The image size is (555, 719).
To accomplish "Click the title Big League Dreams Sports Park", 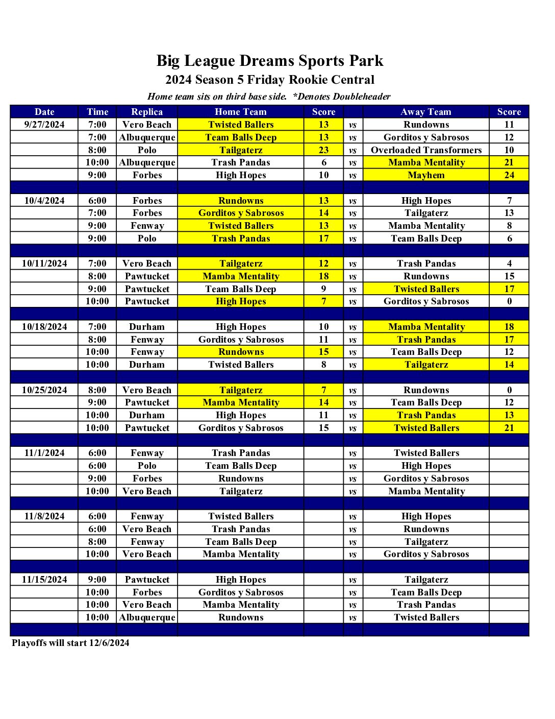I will point(269,61).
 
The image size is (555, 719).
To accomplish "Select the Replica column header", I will point(147,112).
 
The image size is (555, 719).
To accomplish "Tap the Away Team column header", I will point(426,112).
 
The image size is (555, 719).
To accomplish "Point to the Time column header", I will point(97,112).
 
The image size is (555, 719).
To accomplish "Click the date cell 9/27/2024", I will point(44,125).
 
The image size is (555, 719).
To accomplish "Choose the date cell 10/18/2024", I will point(44,327).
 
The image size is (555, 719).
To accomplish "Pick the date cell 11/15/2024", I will point(44,580).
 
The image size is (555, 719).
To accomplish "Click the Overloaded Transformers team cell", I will point(426,150).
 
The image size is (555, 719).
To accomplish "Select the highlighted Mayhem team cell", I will point(426,175).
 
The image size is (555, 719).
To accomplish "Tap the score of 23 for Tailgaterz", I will point(323,150).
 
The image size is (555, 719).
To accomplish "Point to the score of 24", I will point(509,175).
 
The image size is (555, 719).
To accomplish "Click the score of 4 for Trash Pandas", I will point(509,263).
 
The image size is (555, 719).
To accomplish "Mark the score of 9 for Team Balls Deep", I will point(323,289).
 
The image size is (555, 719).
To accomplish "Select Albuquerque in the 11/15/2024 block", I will point(147,617).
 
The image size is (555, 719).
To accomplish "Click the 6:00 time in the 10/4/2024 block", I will point(97,201).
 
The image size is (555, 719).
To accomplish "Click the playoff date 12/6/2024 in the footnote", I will point(109,643).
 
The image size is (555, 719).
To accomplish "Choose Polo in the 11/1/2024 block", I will point(147,466).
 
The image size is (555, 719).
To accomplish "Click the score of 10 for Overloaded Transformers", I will point(509,150).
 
